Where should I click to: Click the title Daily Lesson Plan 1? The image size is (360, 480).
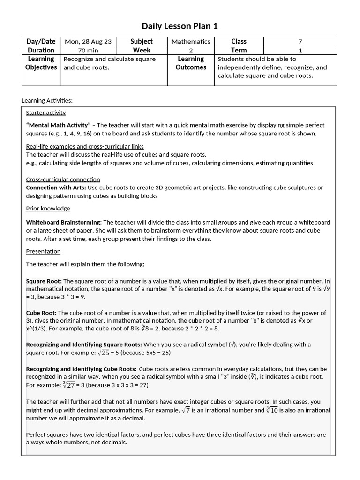[x=180, y=26]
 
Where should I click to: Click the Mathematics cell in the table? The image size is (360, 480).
[x=191, y=42]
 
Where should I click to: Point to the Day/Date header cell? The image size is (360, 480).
[x=41, y=42]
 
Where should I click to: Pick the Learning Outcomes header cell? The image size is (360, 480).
[x=191, y=63]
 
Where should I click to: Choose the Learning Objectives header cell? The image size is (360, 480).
[x=41, y=63]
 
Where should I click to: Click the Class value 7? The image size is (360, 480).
[x=300, y=42]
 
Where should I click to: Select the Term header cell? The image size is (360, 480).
[x=239, y=50]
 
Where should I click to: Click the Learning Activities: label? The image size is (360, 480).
[x=47, y=100]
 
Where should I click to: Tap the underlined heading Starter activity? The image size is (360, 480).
[x=46, y=112]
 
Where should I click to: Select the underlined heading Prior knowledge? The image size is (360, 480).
[x=48, y=208]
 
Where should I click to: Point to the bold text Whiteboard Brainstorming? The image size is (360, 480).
[x=64, y=222]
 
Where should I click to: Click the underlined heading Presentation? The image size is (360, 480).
[x=43, y=251]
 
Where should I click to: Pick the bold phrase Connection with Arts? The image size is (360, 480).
[x=56, y=187]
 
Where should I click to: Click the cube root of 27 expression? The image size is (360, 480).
[x=68, y=385]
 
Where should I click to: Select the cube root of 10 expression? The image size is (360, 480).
[x=272, y=410]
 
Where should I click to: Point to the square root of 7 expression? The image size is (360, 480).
[x=186, y=410]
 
